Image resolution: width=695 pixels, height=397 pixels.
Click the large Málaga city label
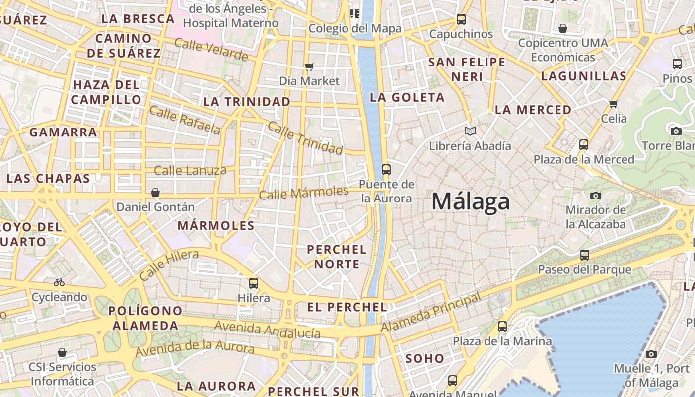click(470, 202)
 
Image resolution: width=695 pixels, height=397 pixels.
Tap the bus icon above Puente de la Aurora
click(386, 170)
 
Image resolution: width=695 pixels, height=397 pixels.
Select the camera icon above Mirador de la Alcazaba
click(596, 196)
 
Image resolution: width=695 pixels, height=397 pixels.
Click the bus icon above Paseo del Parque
click(585, 255)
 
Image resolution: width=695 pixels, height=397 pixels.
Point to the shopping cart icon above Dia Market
click(309, 66)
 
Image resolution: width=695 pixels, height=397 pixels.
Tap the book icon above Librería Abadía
click(470, 132)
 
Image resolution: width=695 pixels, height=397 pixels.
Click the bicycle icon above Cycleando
click(59, 282)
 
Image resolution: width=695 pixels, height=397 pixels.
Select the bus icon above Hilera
click(254, 283)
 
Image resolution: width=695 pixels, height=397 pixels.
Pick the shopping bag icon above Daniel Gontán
click(155, 193)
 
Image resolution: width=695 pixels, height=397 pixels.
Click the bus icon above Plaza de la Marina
click(502, 327)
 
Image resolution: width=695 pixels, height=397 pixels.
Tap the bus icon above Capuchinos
click(461, 19)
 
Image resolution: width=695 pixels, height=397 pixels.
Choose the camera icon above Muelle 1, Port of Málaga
click(651, 354)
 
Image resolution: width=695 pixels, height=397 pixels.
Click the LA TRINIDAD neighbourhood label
click(247, 102)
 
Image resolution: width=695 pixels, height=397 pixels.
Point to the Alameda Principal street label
click(431, 313)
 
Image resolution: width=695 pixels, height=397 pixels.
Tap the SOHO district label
click(425, 358)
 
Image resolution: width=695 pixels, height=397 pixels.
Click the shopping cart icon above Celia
click(614, 104)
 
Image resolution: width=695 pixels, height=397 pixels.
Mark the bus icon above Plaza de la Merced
click(584, 145)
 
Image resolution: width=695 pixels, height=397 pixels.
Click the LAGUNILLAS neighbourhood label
click(583, 76)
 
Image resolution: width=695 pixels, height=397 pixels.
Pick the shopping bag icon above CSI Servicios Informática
click(62, 352)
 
